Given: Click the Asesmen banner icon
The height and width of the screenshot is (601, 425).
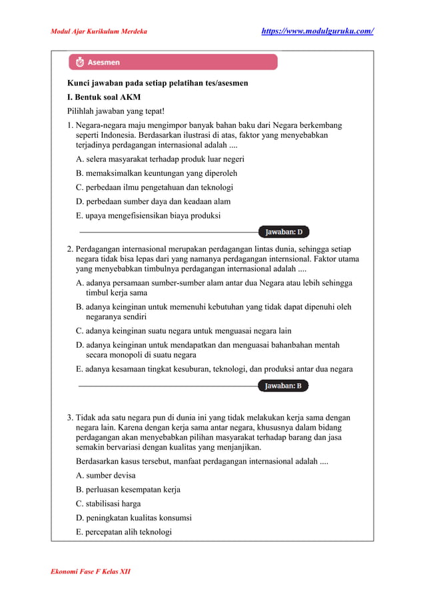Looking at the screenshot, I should pyautogui.click(x=81, y=62).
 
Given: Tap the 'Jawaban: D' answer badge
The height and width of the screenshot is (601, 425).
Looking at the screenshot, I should pyautogui.click(x=284, y=232).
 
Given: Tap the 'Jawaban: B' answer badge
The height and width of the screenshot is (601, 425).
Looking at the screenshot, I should pyautogui.click(x=283, y=385).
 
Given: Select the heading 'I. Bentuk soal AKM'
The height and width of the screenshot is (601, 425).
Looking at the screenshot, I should pyautogui.click(x=103, y=97).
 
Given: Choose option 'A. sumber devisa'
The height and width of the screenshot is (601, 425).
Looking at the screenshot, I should pyautogui.click(x=106, y=475).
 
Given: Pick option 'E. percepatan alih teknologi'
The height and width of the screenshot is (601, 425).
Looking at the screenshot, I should pyautogui.click(x=124, y=532).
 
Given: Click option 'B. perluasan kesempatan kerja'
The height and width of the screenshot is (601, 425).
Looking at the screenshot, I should pyautogui.click(x=128, y=489).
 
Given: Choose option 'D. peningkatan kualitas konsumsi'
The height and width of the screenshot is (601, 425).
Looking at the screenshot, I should pyautogui.click(x=134, y=517).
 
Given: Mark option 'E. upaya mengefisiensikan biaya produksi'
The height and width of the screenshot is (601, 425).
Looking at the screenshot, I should pyautogui.click(x=149, y=215).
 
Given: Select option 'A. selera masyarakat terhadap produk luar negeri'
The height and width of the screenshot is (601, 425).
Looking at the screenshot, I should pyautogui.click(x=160, y=159).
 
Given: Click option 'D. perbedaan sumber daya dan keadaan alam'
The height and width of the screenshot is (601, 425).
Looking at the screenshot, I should pyautogui.click(x=153, y=201).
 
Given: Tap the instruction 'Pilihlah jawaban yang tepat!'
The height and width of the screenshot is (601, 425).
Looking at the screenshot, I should pyautogui.click(x=115, y=111).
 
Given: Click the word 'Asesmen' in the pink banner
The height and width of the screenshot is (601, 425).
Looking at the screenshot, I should pyautogui.click(x=105, y=62).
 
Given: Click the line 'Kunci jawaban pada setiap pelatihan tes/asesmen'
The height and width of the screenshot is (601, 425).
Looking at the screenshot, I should pyautogui.click(x=157, y=83).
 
